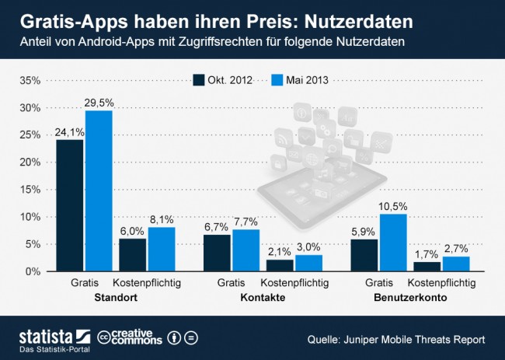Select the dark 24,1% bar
click(69, 205)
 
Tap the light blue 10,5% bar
click(392, 243)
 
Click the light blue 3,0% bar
click(308, 263)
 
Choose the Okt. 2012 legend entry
click(225, 79)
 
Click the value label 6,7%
click(217, 226)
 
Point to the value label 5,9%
click(364, 230)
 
